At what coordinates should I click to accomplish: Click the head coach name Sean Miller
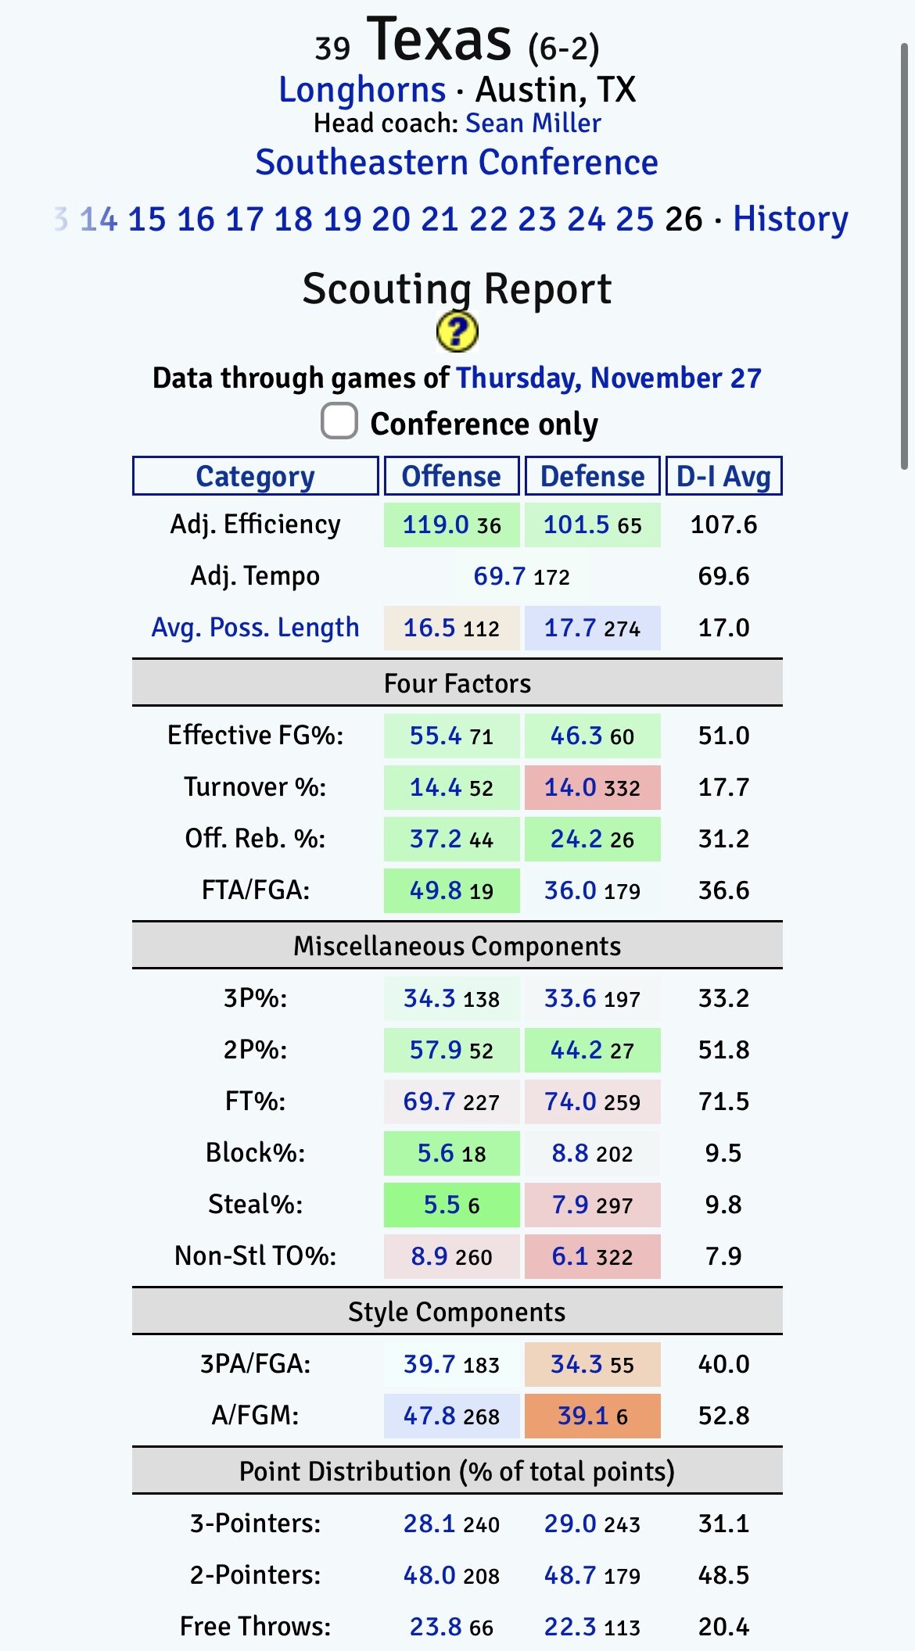533,124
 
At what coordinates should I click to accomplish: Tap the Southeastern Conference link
457,163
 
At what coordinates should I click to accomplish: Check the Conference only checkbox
339,421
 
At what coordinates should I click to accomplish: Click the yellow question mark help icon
457,331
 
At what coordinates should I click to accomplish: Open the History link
790,219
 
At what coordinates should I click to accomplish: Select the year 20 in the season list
390,219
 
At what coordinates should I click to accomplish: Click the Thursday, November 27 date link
608,378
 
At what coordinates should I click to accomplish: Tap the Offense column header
451,476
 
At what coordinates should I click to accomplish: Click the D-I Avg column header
723,476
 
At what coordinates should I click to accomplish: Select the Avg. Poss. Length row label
255,628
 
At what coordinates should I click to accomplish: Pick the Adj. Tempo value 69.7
499,576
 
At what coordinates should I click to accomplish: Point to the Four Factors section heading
457,683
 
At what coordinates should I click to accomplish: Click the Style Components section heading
457,1312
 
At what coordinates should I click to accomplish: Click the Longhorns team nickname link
362,90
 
